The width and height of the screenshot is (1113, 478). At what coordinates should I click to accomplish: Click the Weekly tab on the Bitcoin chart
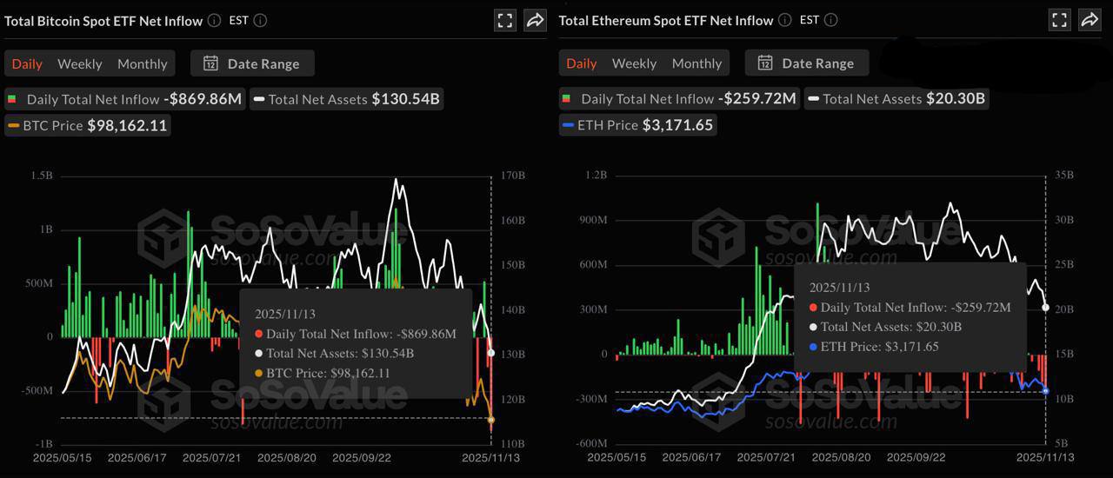79,63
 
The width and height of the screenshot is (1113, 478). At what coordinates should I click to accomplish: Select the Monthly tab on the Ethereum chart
696,63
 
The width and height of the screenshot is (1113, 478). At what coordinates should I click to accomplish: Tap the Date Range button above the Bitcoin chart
252,63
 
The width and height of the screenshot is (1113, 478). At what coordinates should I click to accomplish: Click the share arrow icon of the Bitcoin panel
535,20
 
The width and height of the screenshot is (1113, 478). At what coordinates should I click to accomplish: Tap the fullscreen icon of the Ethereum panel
1059,20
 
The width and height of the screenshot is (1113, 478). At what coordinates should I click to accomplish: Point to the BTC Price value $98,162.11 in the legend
128,125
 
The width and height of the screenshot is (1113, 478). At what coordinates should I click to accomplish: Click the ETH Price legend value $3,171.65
677,125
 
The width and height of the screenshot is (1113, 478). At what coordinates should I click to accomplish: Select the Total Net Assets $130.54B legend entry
347,99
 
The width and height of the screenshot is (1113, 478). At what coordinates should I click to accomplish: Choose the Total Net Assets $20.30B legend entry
896,99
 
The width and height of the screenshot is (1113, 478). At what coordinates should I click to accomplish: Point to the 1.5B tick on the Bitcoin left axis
41,176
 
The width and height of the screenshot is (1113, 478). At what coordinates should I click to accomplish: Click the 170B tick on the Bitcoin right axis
513,176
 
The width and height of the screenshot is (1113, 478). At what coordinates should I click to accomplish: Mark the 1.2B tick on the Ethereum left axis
596,176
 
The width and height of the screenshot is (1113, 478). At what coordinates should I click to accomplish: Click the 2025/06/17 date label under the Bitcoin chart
136,457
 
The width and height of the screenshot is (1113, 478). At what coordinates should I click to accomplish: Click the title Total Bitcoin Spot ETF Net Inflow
103,20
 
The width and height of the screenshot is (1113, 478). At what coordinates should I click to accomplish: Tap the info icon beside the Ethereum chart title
784,20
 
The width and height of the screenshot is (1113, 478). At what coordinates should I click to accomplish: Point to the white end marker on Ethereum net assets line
1046,308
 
